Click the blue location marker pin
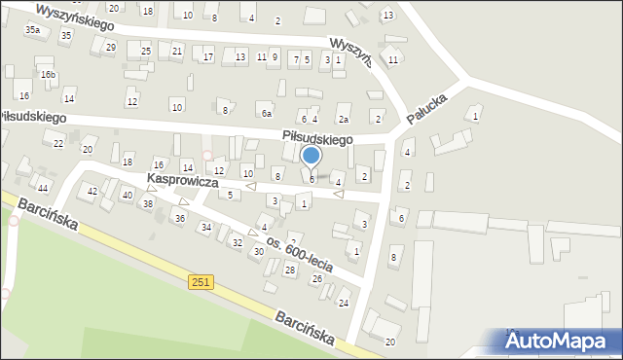pyautogui.click(x=311, y=157)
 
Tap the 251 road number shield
pyautogui.click(x=201, y=281)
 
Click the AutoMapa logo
pyautogui.click(x=564, y=341)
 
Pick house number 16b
pyautogui.click(x=48, y=75)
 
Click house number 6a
pyautogui.click(x=266, y=113)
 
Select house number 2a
pyautogui.click(x=343, y=119)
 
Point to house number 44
pyautogui.click(x=44, y=187)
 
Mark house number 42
pyautogui.click(x=92, y=192)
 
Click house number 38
pyautogui.click(x=148, y=203)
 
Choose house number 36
pyautogui.click(x=179, y=218)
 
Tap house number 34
pyautogui.click(x=205, y=228)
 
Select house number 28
pyautogui.click(x=289, y=270)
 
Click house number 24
pyautogui.click(x=343, y=303)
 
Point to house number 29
pyautogui.click(x=111, y=47)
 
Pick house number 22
pyautogui.click(x=58, y=143)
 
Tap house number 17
pyautogui.click(x=208, y=57)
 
